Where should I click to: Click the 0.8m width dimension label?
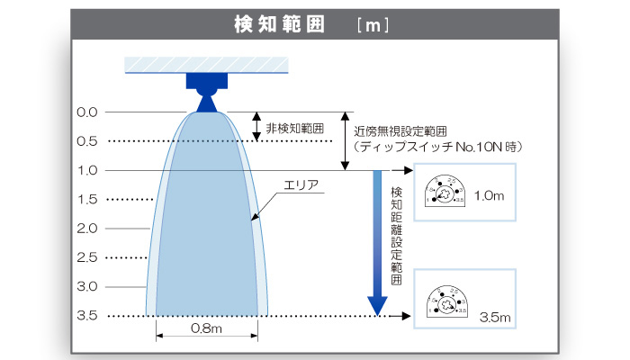(207, 329)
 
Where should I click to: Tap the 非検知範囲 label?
(294, 128)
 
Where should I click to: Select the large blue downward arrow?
(378, 243)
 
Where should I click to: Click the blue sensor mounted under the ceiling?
(206, 90)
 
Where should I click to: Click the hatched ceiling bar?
(206, 66)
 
